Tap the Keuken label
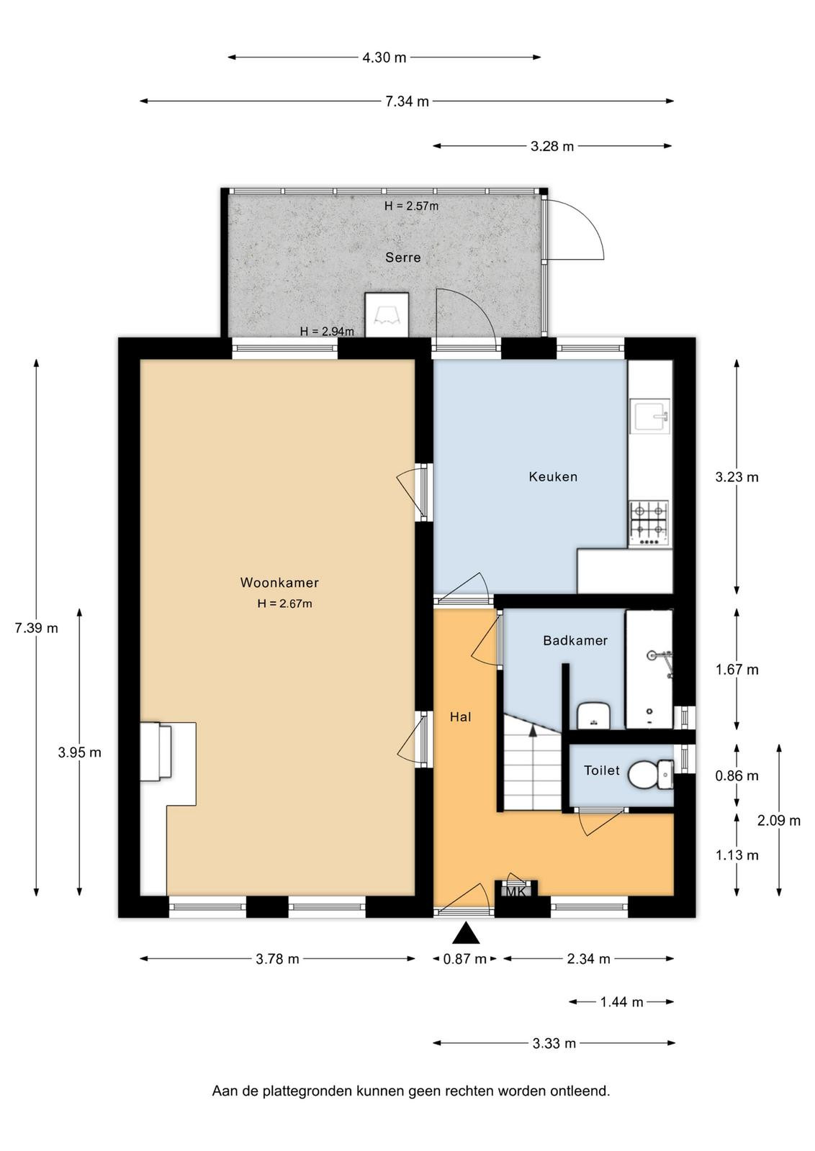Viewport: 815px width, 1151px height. tap(553, 476)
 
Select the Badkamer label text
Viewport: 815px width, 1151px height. tap(575, 640)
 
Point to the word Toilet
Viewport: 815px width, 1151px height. tap(602, 770)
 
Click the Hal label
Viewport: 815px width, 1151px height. tap(460, 716)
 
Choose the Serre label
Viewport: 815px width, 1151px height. tap(403, 257)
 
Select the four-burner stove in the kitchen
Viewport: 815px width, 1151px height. tap(649, 523)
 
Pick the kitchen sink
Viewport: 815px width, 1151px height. tap(650, 417)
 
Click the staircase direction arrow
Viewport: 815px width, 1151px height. tap(533, 731)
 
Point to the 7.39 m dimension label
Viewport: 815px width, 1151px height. tap(36, 627)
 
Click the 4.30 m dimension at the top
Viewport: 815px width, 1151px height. tap(384, 58)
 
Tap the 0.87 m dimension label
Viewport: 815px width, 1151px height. tap(465, 959)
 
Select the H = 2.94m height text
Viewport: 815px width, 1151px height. tap(327, 332)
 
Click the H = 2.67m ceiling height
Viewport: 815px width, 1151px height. tap(285, 604)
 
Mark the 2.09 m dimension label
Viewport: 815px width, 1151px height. tap(778, 821)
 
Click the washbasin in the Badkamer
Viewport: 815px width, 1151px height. tap(593, 715)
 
